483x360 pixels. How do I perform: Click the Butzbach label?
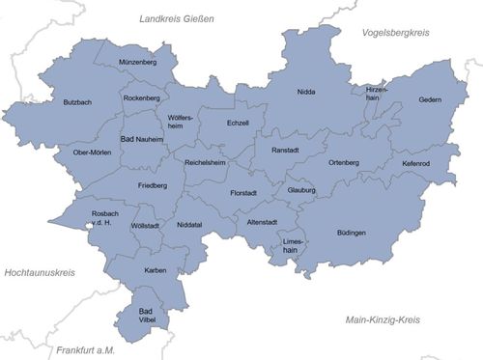(78, 102)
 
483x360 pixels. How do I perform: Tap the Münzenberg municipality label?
(137, 62)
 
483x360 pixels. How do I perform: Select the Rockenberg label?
(142, 97)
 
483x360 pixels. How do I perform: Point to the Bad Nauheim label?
(142, 140)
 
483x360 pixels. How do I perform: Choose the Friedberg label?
(153, 184)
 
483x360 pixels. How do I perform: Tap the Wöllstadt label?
(144, 225)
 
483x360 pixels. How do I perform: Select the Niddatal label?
(190, 225)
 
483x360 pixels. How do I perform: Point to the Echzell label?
(238, 123)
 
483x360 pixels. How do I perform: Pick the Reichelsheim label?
(205, 162)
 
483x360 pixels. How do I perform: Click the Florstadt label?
(243, 193)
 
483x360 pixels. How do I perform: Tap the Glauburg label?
(301, 190)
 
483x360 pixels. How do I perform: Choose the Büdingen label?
(352, 234)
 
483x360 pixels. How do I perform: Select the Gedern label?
(429, 99)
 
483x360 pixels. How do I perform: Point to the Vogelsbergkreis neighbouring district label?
(395, 32)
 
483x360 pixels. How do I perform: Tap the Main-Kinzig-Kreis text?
(389, 318)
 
